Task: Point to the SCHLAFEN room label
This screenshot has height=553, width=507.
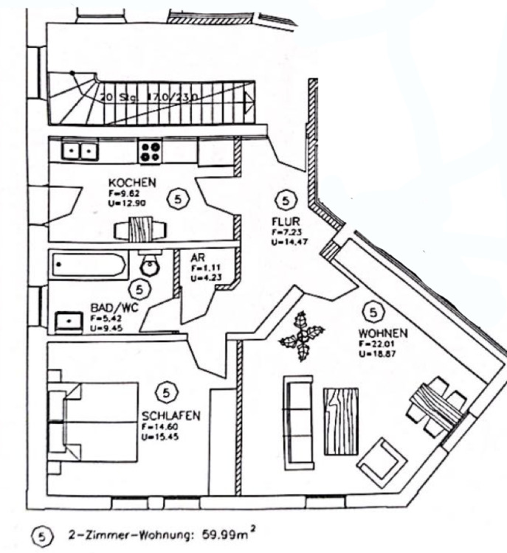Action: [170, 416]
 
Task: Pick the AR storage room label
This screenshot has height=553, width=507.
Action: [196, 257]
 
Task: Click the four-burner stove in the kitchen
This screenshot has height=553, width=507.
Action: [150, 152]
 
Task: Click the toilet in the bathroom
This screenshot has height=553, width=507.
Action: [149, 264]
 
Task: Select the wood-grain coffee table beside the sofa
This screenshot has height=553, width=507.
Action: [340, 420]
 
